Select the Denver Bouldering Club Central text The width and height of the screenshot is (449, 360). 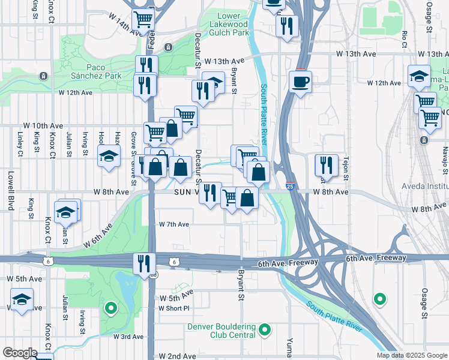pyautogui.click(x=221, y=331)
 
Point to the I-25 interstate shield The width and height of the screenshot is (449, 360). pyautogui.click(x=290, y=187)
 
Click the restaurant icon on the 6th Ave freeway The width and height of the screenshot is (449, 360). pyautogui.click(x=144, y=263)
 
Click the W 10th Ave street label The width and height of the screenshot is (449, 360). pyautogui.click(x=44, y=125)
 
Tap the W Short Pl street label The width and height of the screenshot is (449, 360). pyautogui.click(x=173, y=308)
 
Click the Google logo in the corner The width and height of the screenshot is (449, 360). pyautogui.click(x=19, y=353)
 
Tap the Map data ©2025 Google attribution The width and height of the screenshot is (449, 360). pyautogui.click(x=411, y=355)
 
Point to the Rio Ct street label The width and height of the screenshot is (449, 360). pyautogui.click(x=405, y=38)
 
